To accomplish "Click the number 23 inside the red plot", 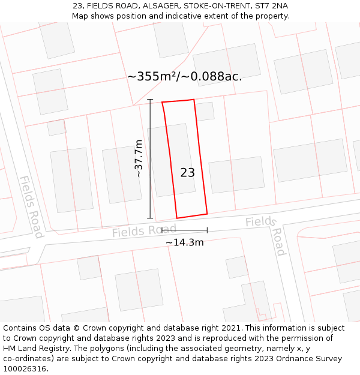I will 187,173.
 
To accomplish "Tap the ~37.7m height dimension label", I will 139,158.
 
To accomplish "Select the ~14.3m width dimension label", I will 184,242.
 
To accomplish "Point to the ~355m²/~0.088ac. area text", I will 185,76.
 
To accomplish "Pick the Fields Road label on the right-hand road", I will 267,231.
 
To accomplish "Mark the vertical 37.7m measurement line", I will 150,159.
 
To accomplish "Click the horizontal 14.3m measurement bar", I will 184,230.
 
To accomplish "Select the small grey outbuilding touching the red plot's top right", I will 205,111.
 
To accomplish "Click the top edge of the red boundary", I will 178,101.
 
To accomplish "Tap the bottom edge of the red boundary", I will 192,215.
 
